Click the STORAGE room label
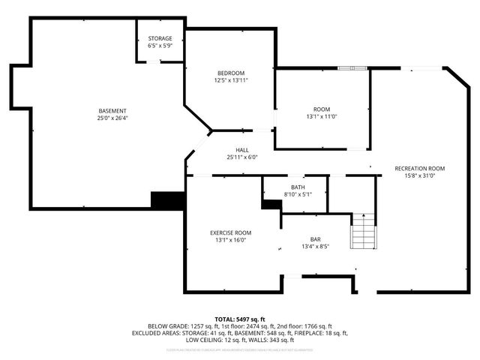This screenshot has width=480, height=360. pyautogui.click(x=160, y=38)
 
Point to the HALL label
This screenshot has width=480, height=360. pyautogui.click(x=241, y=150)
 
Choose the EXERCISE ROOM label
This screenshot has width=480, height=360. pyautogui.click(x=230, y=232)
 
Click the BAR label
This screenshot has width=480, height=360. pyautogui.click(x=316, y=238)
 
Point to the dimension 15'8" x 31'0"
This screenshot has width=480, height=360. pyautogui.click(x=420, y=175)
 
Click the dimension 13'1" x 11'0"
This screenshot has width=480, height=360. pyautogui.click(x=322, y=116)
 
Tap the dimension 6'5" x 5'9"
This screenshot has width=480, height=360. pyautogui.click(x=160, y=46)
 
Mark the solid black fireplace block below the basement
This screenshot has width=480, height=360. pyautogui.click(x=167, y=200)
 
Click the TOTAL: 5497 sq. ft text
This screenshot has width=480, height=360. pyautogui.click(x=240, y=319)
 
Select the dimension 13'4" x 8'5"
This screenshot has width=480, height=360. pyautogui.click(x=316, y=246)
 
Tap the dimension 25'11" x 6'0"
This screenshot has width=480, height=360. pyautogui.click(x=241, y=157)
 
